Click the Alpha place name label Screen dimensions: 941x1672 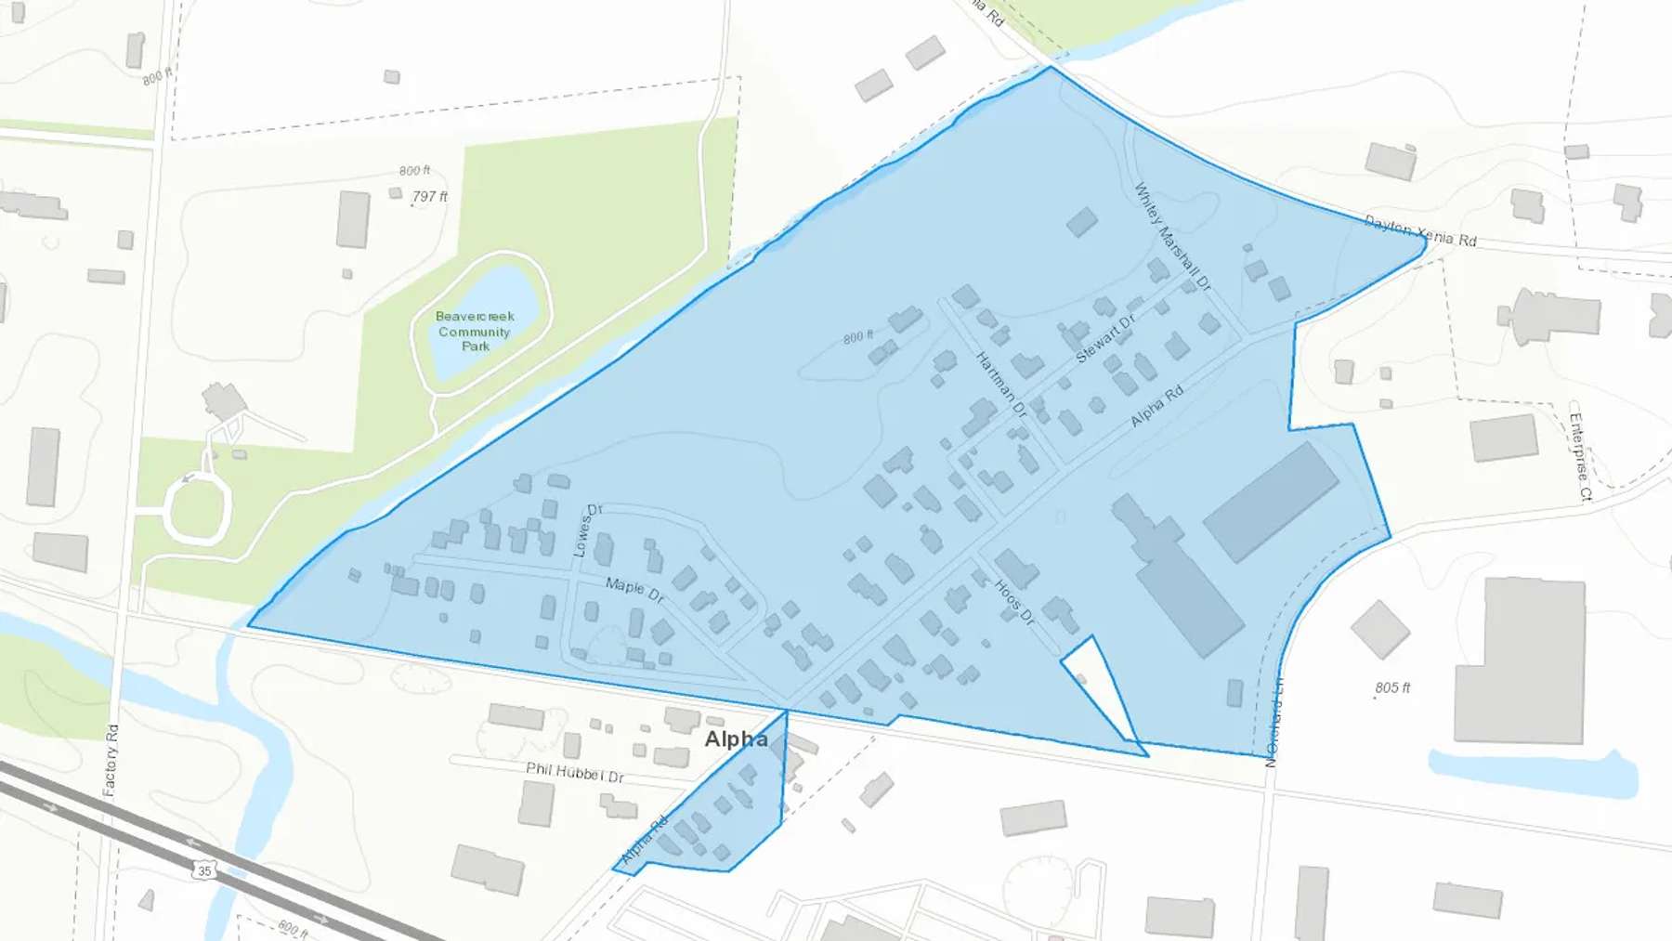click(x=736, y=739)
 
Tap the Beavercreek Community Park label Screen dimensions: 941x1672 click(x=475, y=331)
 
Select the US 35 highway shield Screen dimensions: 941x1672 click(x=204, y=870)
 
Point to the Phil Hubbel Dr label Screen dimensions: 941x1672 click(x=575, y=772)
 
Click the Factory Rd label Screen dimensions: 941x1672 click(x=111, y=760)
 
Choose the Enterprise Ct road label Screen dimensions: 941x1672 click(x=1580, y=455)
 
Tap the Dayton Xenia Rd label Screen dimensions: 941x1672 click(x=1419, y=231)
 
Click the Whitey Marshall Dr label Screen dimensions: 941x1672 click(x=1172, y=236)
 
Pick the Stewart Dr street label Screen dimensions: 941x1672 click(x=1105, y=339)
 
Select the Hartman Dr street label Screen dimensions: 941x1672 click(x=1000, y=384)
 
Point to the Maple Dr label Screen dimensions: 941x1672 click(x=634, y=589)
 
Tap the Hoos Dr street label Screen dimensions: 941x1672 click(x=1014, y=602)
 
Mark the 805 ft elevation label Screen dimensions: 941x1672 click(x=1392, y=688)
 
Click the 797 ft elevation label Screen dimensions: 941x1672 click(x=430, y=197)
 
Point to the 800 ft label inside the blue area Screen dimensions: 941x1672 click(x=857, y=337)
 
